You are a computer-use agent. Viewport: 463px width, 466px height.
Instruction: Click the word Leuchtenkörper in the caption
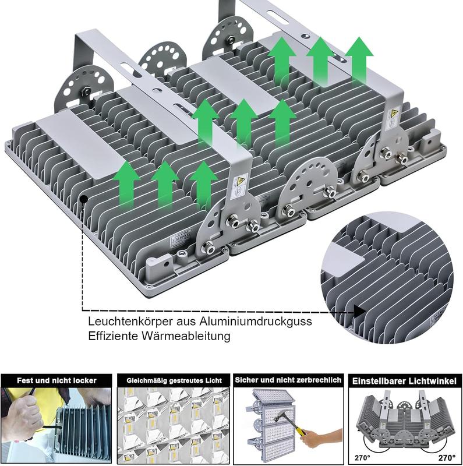coord(130,322)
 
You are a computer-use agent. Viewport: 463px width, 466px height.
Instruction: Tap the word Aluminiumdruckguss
coord(256,322)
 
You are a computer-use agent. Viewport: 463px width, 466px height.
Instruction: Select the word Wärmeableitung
coord(186,336)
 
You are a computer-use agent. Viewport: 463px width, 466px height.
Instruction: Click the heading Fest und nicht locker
coord(56,380)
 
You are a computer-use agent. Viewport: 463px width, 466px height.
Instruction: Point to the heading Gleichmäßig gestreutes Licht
coord(174,380)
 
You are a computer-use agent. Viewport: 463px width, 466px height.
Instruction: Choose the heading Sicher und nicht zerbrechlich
coord(288,380)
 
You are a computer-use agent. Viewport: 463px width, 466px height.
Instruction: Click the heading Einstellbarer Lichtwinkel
coord(404,381)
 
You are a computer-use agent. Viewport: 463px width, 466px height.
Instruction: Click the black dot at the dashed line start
coord(83,199)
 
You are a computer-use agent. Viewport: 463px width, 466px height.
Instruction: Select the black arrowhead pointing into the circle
coord(360,312)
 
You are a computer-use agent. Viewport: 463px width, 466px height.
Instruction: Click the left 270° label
coord(363,458)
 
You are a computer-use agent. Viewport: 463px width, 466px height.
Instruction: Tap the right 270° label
coord(447,458)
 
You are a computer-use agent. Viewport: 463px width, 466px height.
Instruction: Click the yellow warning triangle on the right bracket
coord(394,113)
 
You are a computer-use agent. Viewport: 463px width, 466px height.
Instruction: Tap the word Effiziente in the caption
coord(112,336)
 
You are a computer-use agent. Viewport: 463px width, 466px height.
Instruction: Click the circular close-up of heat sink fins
coord(387,278)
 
